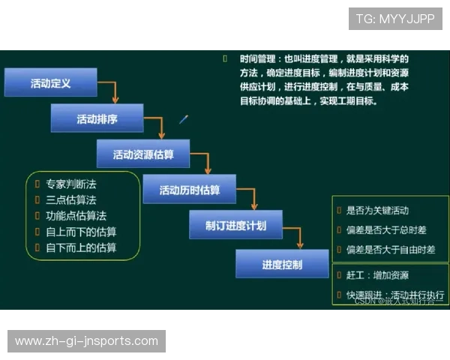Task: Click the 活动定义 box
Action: point(51,83)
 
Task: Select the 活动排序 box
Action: point(97,118)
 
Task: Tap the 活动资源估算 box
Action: point(142,154)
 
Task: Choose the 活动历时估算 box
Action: point(189,190)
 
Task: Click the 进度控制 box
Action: point(282,264)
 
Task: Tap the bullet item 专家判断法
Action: point(70,184)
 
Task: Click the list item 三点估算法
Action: point(70,199)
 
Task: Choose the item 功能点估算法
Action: point(76,216)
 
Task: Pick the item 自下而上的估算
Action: point(81,247)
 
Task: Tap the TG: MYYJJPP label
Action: point(395,19)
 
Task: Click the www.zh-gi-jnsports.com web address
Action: point(86,341)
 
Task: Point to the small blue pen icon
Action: point(184,118)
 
